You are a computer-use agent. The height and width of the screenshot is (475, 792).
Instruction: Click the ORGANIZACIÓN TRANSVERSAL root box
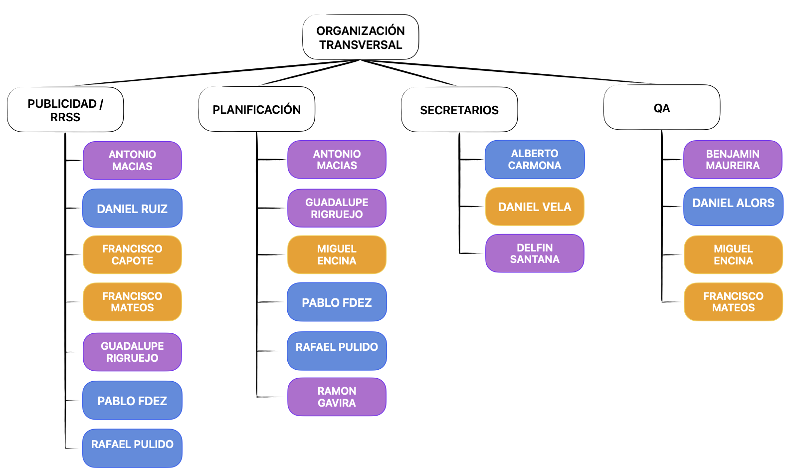pos(360,37)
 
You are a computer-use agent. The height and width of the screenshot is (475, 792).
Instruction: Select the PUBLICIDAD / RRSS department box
pos(65,110)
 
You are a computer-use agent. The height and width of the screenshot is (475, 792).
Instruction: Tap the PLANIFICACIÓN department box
pos(256,109)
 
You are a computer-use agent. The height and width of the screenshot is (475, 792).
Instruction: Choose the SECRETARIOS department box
pos(459,110)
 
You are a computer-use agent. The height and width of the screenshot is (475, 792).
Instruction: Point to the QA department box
pos(661,108)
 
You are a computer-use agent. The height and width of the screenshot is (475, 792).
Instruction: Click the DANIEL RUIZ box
pos(132,209)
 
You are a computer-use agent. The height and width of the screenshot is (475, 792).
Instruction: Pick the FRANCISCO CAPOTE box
pos(132,254)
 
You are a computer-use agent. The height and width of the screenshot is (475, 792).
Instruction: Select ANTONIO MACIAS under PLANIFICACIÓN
pos(337,160)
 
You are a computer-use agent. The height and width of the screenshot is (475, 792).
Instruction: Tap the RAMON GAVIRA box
pos(337,397)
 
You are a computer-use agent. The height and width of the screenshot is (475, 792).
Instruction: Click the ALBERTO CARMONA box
pos(534,159)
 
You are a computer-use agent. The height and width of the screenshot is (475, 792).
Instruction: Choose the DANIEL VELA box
pos(534,207)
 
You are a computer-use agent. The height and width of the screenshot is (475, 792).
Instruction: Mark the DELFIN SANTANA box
pos(534,253)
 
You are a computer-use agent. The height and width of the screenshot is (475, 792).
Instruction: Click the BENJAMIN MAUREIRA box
pos(732,160)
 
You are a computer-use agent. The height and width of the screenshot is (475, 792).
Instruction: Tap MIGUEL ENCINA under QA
pos(733,254)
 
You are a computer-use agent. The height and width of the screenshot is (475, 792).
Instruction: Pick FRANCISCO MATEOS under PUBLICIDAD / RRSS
pos(132,302)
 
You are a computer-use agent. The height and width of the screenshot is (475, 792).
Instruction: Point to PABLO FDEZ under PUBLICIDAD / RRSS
pos(132,400)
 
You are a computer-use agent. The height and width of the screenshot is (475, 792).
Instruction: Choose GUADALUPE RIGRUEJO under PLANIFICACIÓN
pos(337,208)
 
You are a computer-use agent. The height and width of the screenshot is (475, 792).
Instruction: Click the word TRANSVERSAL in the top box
pos(361,45)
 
